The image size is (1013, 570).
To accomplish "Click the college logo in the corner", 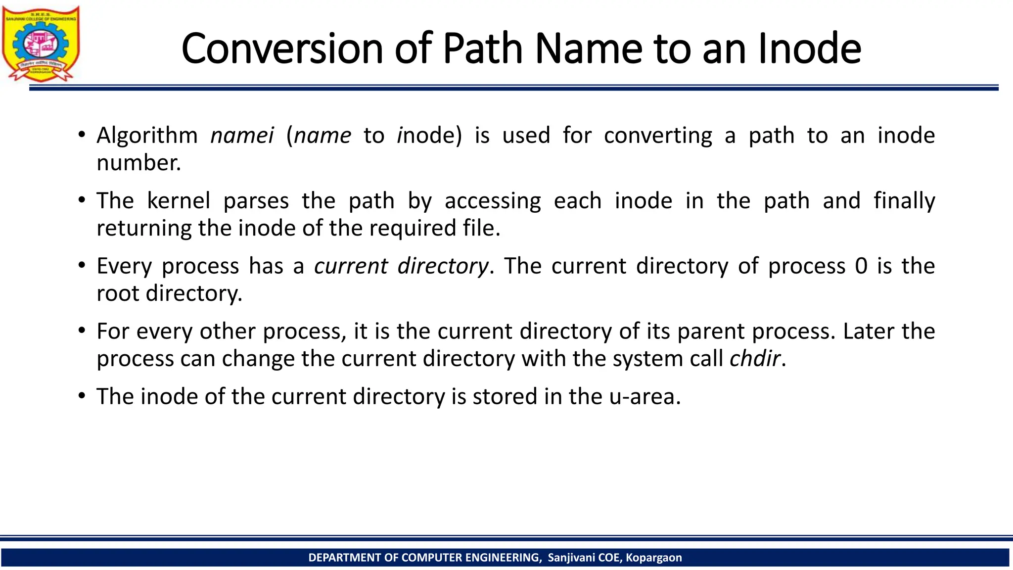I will tap(41, 44).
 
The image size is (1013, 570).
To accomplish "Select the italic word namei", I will tap(242, 136).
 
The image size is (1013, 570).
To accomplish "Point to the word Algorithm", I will tap(147, 136).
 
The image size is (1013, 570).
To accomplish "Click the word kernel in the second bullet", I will tap(179, 201).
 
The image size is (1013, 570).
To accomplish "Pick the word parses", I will tap(256, 201).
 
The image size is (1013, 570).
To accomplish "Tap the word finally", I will tap(904, 201).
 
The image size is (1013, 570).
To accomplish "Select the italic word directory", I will tap(443, 266).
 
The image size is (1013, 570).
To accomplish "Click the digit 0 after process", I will tap(861, 266).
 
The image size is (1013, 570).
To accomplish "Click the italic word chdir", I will tap(755, 359).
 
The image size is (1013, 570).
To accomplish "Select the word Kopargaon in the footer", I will tap(653, 558).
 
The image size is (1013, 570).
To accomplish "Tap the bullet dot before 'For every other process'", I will tap(82, 331).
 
